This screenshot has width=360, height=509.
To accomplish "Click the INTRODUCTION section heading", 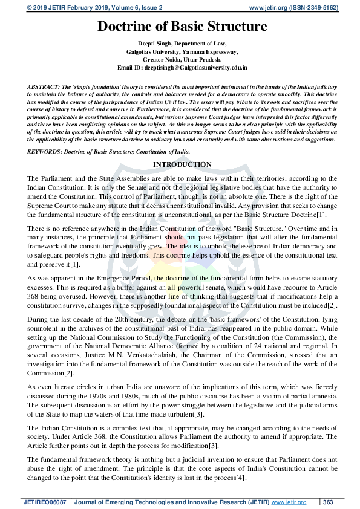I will pyautogui.click(x=182, y=164).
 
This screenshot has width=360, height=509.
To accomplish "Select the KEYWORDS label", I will pyautogui.click(x=46, y=151).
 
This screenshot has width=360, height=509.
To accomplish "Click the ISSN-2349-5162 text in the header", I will pyautogui.click(x=310, y=8).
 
